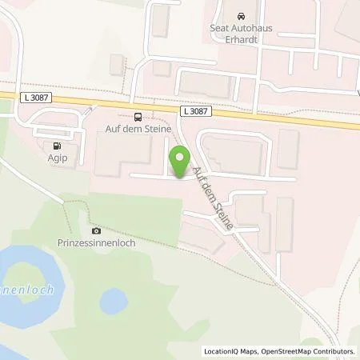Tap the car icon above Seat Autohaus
click(241, 17)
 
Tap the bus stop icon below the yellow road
click(137, 115)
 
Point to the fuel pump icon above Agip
click(56, 146)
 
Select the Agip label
click(57, 158)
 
